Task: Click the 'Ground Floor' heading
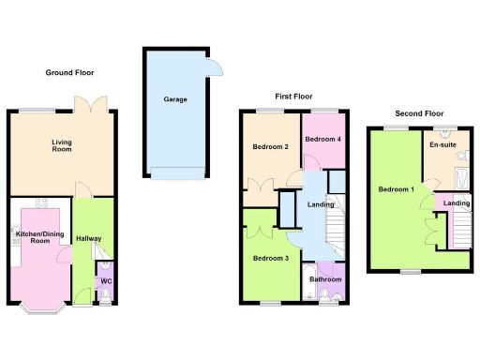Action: (x=70, y=72)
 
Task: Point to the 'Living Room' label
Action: (x=62, y=146)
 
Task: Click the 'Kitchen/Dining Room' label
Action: (x=40, y=236)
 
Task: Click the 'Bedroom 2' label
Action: (x=269, y=147)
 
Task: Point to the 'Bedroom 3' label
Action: (x=269, y=258)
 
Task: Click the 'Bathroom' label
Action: (x=325, y=279)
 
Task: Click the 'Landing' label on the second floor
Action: (x=457, y=203)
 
